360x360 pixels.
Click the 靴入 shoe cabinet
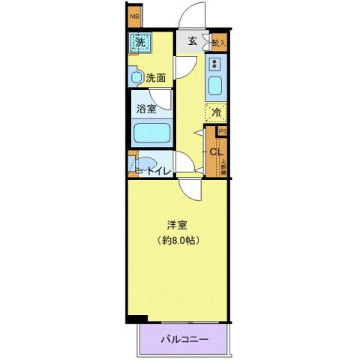(218, 43)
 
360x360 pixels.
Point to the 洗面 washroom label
(156, 77)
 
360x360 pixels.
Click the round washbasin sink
(136, 76)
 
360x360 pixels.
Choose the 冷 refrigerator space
(215, 114)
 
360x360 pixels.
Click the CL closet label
(215, 154)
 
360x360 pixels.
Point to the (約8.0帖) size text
(178, 241)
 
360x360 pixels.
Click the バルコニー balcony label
(184, 340)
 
